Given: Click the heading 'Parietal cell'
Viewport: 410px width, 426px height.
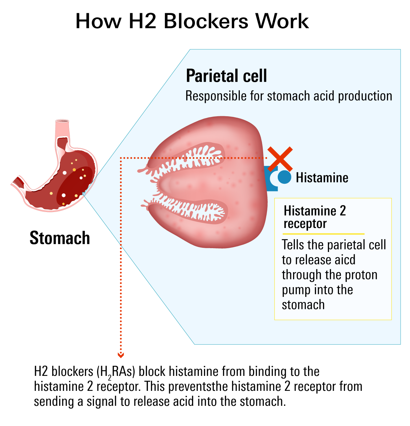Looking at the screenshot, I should pyautogui.click(x=226, y=76).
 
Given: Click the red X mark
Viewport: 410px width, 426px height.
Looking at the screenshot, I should pyautogui.click(x=280, y=159).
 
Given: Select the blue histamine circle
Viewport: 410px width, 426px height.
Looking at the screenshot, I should pyautogui.click(x=285, y=177).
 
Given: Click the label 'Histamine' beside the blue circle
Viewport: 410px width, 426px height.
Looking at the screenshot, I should pyautogui.click(x=322, y=178).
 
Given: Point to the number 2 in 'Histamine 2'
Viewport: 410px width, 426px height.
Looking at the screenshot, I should pyautogui.click(x=342, y=211).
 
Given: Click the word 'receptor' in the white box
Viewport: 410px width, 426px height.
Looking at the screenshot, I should pyautogui.click(x=305, y=224).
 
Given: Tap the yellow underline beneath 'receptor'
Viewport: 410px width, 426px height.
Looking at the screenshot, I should pyautogui.click(x=324, y=234).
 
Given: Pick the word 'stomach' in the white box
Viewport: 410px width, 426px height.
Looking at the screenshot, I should pyautogui.click(x=303, y=305).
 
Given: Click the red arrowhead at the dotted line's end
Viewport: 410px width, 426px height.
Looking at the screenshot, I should pyautogui.click(x=121, y=355).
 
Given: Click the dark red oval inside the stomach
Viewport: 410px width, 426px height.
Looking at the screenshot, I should pyautogui.click(x=75, y=187).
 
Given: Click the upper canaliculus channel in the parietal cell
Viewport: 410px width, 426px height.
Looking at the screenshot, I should pyautogui.click(x=188, y=159).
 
